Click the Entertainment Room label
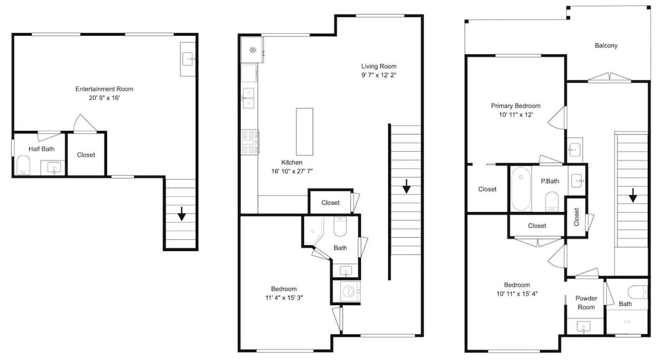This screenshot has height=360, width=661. (104, 89)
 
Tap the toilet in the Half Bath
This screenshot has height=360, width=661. (22, 165)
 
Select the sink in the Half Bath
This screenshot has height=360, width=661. (54, 168)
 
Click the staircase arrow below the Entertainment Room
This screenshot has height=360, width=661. (182, 213)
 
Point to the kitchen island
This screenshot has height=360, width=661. (304, 132)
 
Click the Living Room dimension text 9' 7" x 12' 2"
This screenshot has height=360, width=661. (379, 75)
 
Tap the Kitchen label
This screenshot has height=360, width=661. (292, 162)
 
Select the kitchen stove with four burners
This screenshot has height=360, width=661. (249, 142)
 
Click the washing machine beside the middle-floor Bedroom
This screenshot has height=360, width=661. (349, 291)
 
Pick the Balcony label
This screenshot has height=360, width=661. (605, 46)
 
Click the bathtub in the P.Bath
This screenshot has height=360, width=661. (521, 189)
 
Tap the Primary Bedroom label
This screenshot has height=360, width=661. (516, 106)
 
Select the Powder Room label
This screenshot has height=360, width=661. (586, 303)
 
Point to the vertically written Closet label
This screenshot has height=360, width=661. (576, 217)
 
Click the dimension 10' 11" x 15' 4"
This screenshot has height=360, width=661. (517, 294)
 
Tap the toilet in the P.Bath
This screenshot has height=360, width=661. (551, 200)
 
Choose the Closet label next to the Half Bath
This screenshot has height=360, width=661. (86, 155)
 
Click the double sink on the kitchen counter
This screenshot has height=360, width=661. (249, 98)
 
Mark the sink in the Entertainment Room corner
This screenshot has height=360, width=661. (188, 59)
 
